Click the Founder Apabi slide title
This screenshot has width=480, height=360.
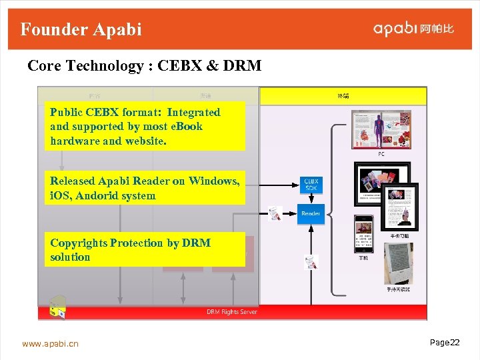click(x=81, y=29)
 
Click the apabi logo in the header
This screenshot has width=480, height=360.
click(x=413, y=29)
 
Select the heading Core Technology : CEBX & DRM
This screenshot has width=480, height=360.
click(x=144, y=66)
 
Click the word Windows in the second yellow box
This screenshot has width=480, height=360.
click(x=214, y=181)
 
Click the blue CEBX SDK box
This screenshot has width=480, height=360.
click(x=311, y=185)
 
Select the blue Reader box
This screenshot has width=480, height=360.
click(x=311, y=213)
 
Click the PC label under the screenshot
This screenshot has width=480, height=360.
click(x=381, y=154)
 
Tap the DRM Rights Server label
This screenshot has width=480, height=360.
click(x=231, y=312)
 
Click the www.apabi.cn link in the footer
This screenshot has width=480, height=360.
click(x=50, y=344)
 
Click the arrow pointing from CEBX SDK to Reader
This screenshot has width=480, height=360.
click(x=311, y=198)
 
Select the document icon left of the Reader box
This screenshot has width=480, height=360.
click(x=275, y=214)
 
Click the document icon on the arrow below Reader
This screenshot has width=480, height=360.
click(x=310, y=261)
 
